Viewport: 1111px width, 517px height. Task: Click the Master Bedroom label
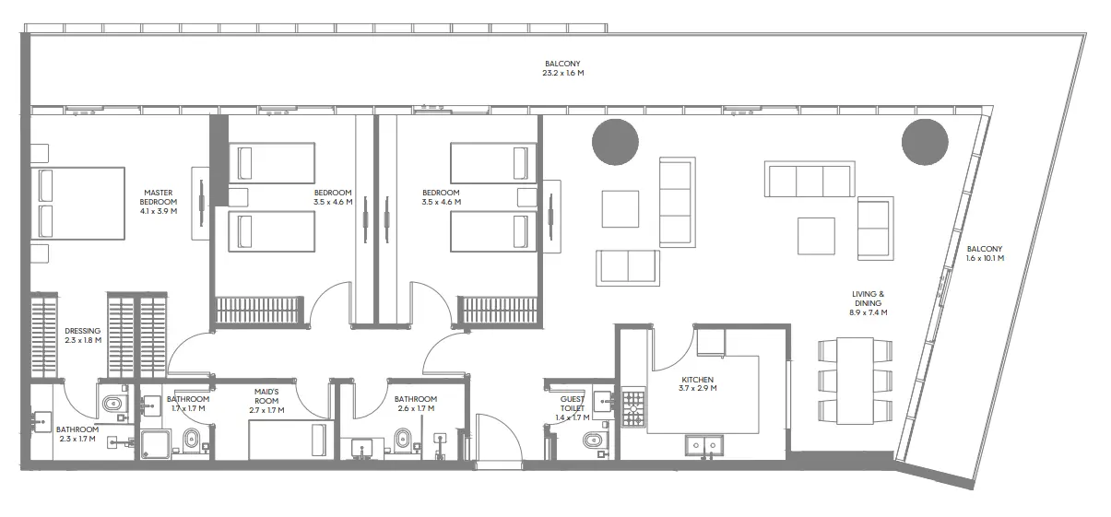coord(159,202)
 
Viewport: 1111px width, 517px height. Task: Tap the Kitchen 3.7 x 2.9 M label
coord(697,384)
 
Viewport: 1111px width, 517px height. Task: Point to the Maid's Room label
coord(266,399)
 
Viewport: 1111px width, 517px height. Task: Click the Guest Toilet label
coord(573,408)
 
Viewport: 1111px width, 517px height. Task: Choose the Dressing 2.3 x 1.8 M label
coord(83,335)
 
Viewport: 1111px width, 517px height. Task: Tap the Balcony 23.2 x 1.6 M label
coord(564,68)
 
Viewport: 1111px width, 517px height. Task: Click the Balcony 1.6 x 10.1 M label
coord(985,253)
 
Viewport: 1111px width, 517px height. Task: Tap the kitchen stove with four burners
coord(633,407)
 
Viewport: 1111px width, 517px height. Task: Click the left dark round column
coord(615,142)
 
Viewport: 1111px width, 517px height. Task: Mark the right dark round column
coord(925,142)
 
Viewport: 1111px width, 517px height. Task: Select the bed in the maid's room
coord(288,441)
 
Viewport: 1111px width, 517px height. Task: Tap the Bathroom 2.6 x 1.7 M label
coord(415,404)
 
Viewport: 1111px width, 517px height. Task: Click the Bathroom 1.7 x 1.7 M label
coord(188,404)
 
